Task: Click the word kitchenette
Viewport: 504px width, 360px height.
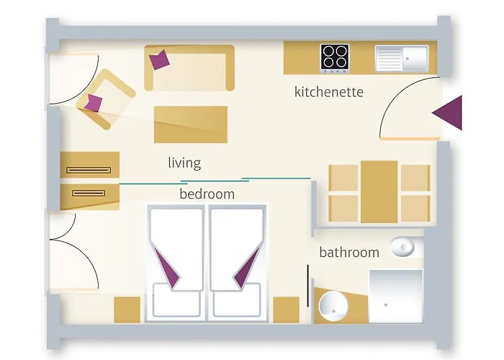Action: pos(329,92)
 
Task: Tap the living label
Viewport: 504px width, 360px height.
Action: pos(184,163)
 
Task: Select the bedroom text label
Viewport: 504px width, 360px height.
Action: pos(207,194)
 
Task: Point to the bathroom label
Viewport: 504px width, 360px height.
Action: pos(349,252)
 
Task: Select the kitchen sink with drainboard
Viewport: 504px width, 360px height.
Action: pos(402,58)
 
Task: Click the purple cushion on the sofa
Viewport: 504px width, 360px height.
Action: pos(159,60)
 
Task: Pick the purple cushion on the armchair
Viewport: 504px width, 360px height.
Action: pos(94,103)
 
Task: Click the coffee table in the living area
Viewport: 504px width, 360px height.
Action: pos(191,125)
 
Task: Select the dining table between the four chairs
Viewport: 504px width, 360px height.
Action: pos(379,192)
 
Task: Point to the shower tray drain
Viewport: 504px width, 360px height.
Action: pos(386,305)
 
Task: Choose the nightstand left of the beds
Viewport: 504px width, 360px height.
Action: pos(127,310)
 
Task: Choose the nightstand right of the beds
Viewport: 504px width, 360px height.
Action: pos(286,310)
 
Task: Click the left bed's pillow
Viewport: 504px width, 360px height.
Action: pos(177,300)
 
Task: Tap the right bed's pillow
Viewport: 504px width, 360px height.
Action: pos(237,300)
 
